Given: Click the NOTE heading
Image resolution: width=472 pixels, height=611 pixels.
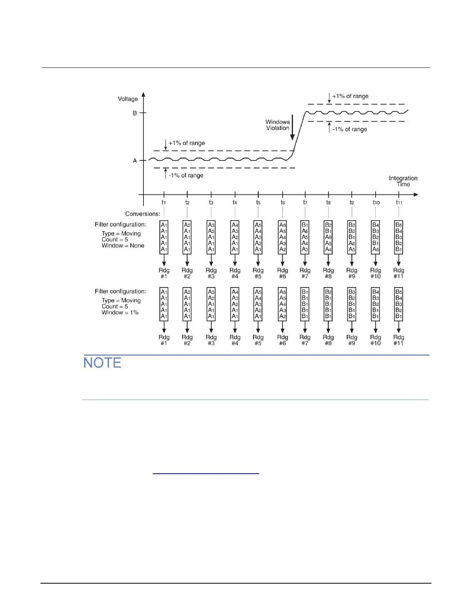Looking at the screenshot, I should pyautogui.click(x=103, y=363).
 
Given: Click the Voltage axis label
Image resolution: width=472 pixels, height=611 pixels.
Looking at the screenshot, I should pyautogui.click(x=128, y=99).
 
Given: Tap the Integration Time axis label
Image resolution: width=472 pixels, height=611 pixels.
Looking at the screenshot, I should pyautogui.click(x=403, y=181).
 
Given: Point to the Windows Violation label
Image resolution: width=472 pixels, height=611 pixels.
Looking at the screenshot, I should pyautogui.click(x=277, y=125).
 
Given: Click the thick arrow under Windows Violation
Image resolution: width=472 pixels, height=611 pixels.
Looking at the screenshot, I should pyautogui.click(x=292, y=127).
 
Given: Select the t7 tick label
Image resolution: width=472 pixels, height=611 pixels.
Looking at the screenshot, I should pyautogui.click(x=305, y=203).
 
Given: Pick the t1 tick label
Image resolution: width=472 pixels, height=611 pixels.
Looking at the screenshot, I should pyautogui.click(x=164, y=203).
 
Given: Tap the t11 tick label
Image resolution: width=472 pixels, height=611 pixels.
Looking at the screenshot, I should pyautogui.click(x=399, y=203).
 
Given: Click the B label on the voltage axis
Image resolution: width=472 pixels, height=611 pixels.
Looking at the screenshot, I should pyautogui.click(x=135, y=113).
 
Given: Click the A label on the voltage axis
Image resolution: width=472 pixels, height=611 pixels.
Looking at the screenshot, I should pyautogui.click(x=135, y=161).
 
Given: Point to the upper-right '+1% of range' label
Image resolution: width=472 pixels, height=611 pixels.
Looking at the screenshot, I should pyautogui.click(x=350, y=96).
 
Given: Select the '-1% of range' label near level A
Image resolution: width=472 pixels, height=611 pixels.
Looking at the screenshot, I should pyautogui.click(x=186, y=176).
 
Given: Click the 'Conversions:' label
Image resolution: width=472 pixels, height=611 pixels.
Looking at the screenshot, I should pyautogui.click(x=143, y=214).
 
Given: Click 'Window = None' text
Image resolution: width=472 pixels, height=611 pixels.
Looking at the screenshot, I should pyautogui.click(x=123, y=246).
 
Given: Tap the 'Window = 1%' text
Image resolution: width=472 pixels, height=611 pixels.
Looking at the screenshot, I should pyautogui.click(x=120, y=312).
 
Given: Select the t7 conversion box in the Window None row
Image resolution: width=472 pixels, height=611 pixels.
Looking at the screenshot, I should pyautogui.click(x=305, y=237).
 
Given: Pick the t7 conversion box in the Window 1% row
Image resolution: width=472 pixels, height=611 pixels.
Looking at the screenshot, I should pyautogui.click(x=305, y=304).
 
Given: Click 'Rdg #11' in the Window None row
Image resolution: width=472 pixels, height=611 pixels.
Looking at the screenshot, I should pyautogui.click(x=399, y=273).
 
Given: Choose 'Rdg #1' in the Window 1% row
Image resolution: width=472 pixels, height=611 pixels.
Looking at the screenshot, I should pyautogui.click(x=164, y=340).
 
